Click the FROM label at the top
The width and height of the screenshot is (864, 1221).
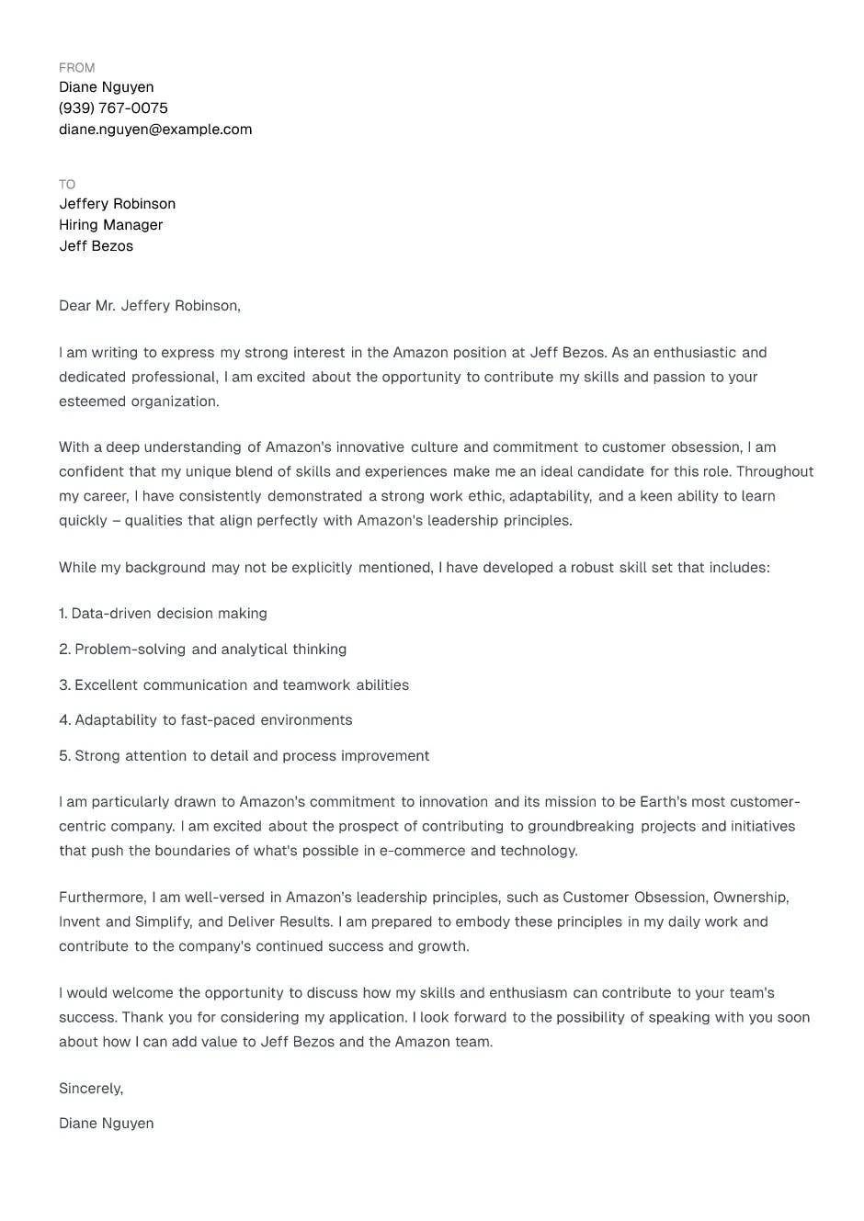[x=76, y=68]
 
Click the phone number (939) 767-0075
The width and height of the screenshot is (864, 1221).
[x=113, y=108]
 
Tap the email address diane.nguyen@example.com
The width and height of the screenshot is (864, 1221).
[x=155, y=130]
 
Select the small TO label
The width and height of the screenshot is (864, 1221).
[x=67, y=185]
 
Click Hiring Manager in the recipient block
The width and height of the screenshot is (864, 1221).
[x=111, y=225]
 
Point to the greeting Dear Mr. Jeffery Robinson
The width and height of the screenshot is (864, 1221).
[x=150, y=306]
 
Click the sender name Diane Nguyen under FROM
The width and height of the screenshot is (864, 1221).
[x=107, y=87]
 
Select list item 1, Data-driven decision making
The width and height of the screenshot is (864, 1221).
[x=163, y=614]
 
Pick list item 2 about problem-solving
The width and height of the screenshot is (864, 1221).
[x=202, y=650]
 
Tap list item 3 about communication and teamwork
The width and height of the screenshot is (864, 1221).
[x=233, y=685]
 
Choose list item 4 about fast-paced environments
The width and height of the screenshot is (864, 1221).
[x=205, y=720]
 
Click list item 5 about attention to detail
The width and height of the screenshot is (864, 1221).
[x=244, y=756]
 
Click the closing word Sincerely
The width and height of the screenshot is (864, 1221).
[x=90, y=1089]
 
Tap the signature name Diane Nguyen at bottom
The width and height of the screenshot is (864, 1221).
[x=107, y=1124]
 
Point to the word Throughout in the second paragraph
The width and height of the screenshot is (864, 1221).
[x=775, y=472]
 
